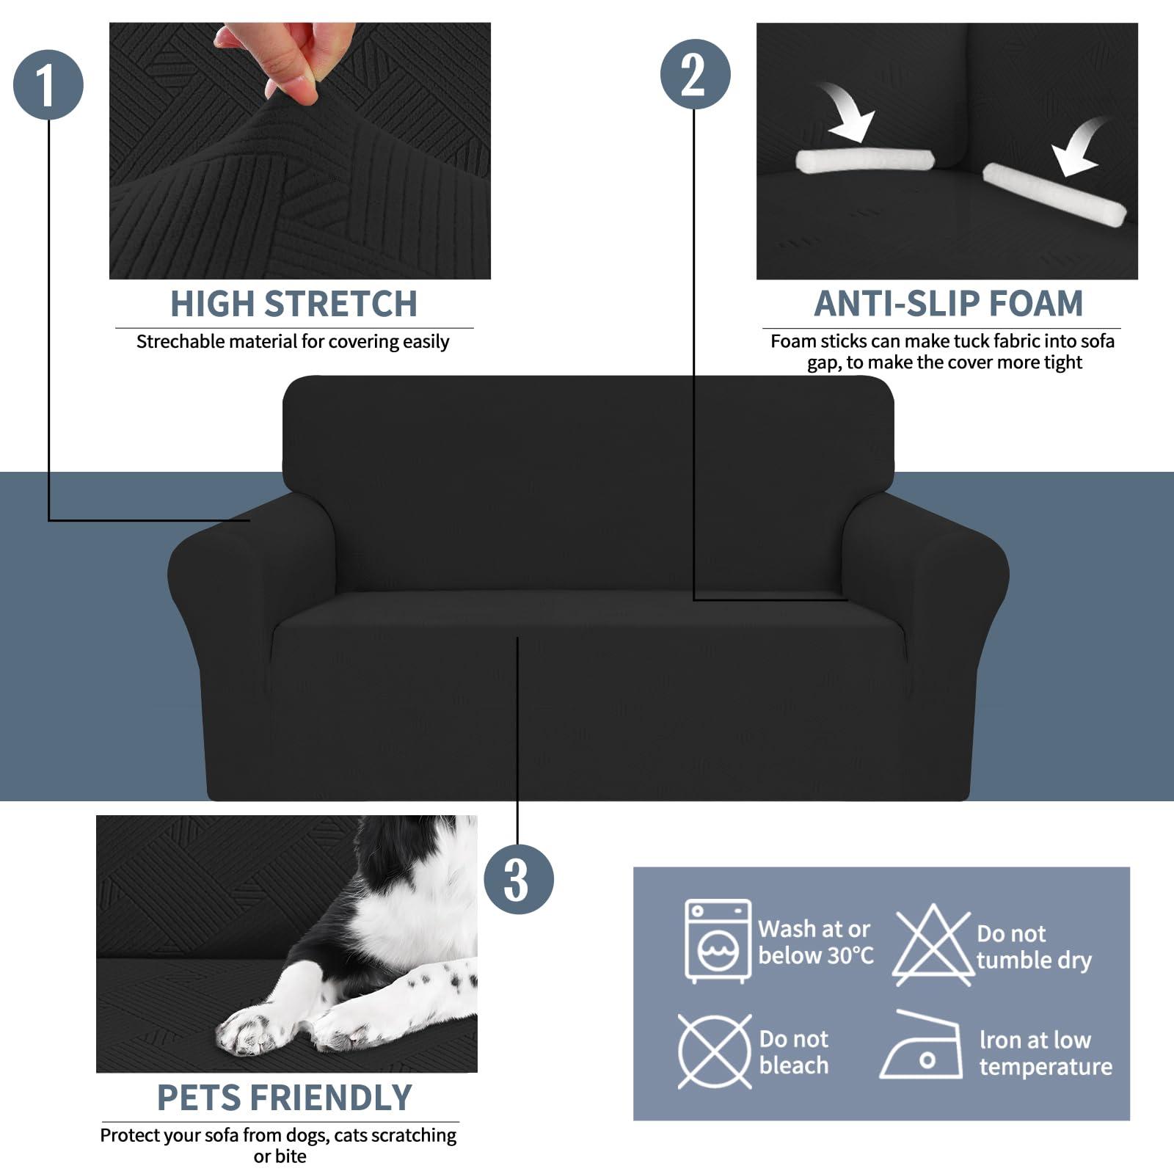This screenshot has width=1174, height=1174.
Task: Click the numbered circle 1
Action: click(48, 84)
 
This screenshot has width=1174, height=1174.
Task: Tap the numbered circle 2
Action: click(695, 74)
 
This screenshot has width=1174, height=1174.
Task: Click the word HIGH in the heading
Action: click(212, 304)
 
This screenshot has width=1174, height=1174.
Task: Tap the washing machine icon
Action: click(718, 941)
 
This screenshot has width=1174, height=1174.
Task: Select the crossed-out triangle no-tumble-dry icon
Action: click(932, 945)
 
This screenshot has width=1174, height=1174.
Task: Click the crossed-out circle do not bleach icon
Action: click(714, 1051)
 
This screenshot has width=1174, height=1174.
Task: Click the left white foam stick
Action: click(864, 161)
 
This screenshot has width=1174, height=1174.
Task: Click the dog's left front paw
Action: click(249, 1029)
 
